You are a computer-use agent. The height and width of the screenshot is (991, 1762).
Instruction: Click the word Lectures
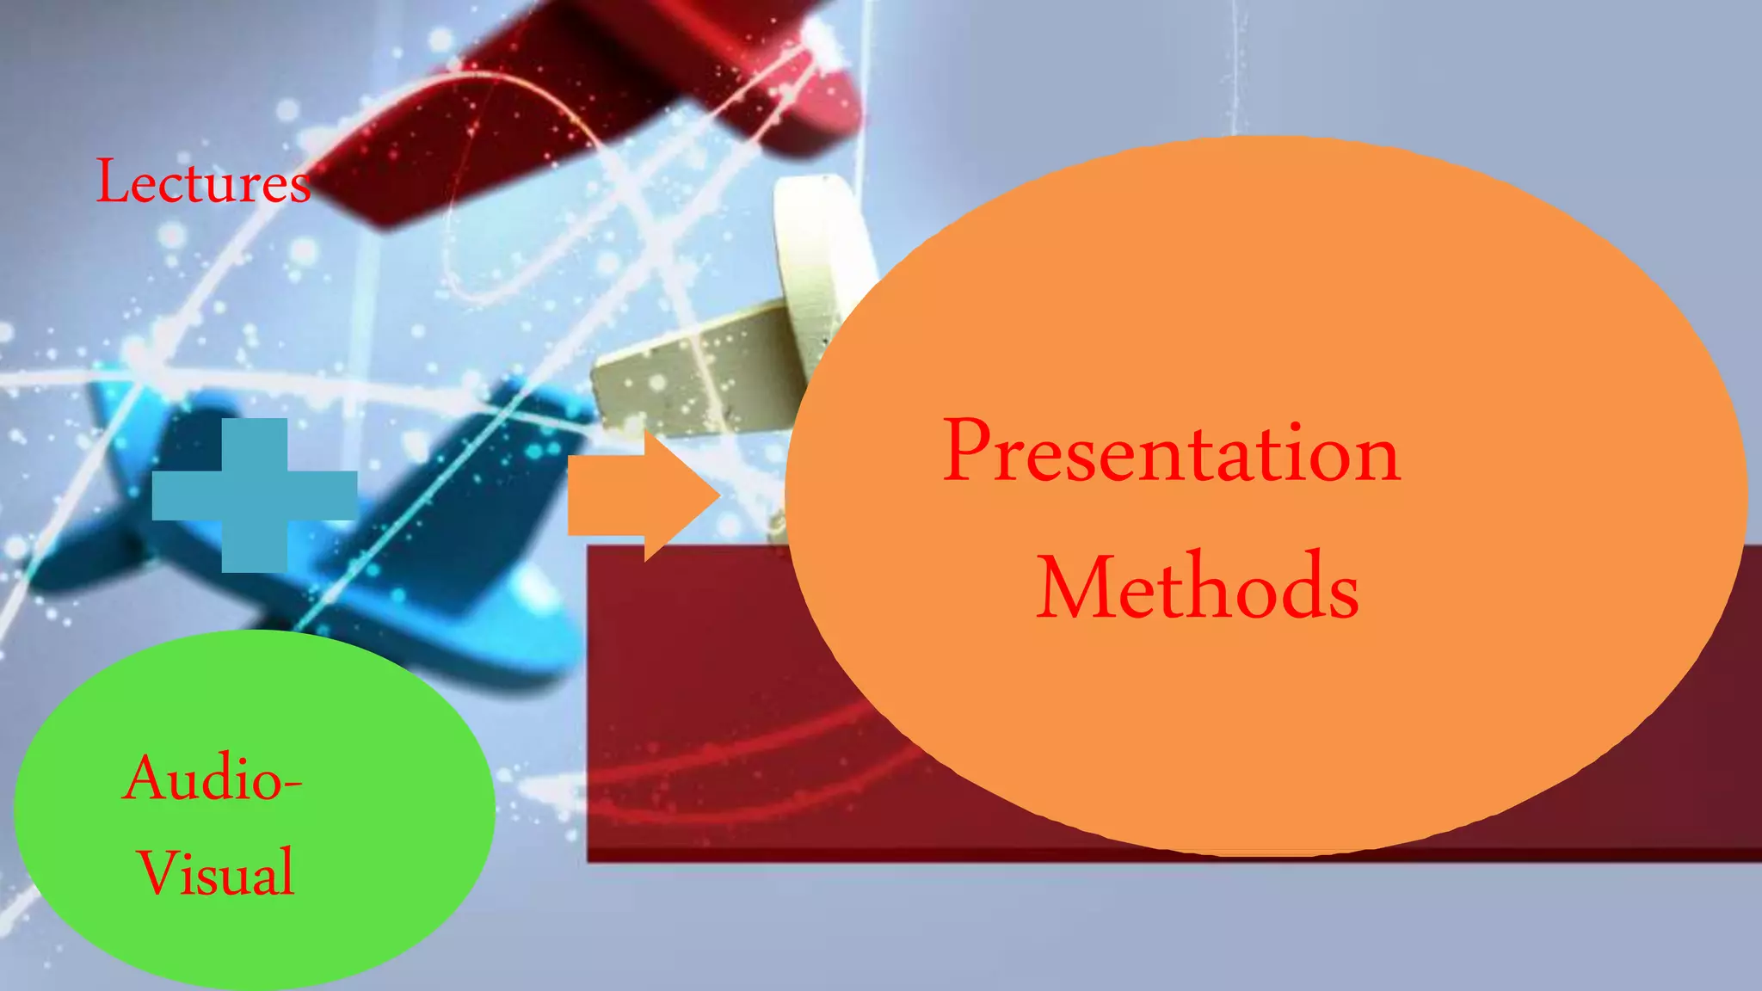pyautogui.click(x=203, y=182)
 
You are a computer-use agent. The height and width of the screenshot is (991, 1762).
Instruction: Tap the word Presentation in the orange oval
pyautogui.click(x=1172, y=452)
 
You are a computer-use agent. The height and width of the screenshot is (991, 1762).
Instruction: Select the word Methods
pyautogui.click(x=1198, y=588)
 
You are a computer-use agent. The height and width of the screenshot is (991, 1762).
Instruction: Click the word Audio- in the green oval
pyautogui.click(x=212, y=778)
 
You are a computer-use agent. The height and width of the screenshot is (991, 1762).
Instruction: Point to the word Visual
pyautogui.click(x=217, y=872)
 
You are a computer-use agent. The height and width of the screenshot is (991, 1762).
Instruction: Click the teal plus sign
pyautogui.click(x=255, y=495)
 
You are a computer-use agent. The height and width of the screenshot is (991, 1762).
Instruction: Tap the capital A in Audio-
pyautogui.click(x=146, y=778)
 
